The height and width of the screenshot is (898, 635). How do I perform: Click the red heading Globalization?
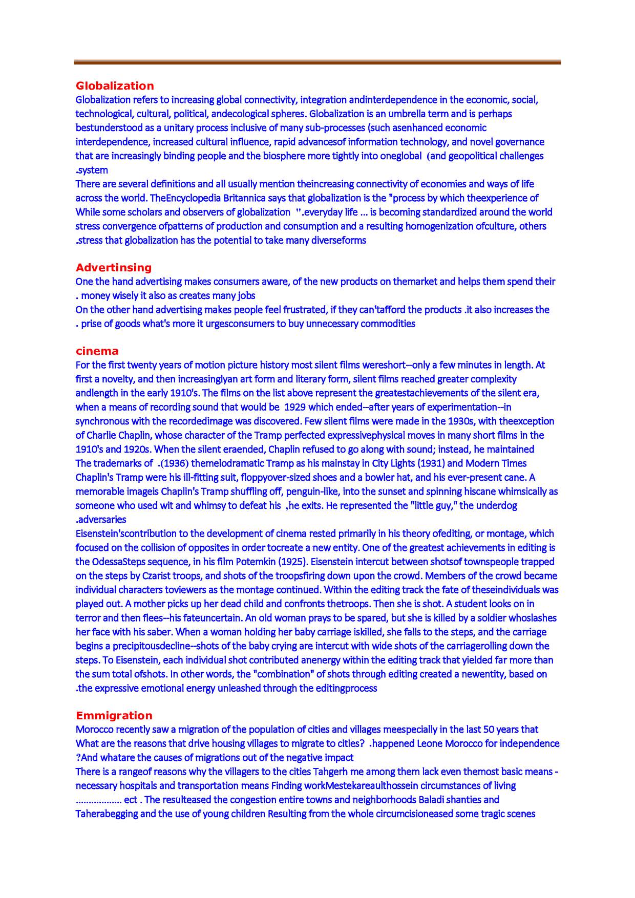(115, 85)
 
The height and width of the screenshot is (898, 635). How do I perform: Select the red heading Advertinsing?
(114, 267)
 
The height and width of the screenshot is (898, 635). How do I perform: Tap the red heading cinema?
(97, 351)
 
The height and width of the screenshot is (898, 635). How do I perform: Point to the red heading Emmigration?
(114, 715)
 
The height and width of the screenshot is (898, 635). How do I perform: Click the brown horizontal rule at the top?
(317, 62)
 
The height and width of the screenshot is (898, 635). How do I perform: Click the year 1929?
(295, 407)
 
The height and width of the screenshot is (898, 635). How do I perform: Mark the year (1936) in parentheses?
(174, 463)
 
